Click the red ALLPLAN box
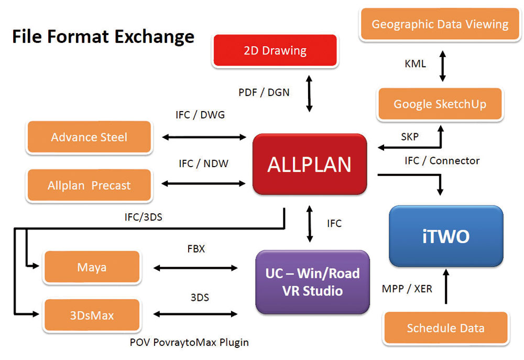[309, 165]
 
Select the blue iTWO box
[445, 236]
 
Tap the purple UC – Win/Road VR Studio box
[312, 281]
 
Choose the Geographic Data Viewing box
[440, 24]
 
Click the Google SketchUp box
[440, 104]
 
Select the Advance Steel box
[89, 137]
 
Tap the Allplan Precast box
[89, 186]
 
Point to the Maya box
[92, 267]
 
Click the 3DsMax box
[92, 315]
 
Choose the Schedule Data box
[445, 329]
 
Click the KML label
[415, 64]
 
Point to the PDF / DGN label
[264, 93]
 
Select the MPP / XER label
[407, 288]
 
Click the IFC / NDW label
[203, 164]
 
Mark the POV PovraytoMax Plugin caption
[189, 342]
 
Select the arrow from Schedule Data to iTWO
[446, 286]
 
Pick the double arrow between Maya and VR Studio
[195, 268]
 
